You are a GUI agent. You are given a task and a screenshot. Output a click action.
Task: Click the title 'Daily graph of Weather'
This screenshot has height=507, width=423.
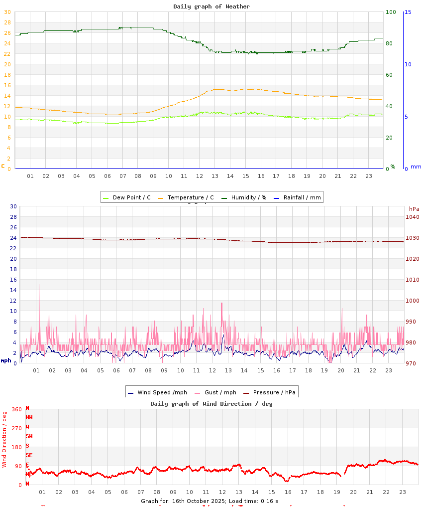coord(211,6)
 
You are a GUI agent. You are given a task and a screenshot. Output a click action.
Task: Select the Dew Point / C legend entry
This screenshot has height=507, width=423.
coord(127,197)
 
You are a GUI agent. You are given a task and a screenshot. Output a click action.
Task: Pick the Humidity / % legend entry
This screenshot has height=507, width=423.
coord(244,197)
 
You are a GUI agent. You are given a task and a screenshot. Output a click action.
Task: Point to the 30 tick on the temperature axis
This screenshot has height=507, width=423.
coord(7,12)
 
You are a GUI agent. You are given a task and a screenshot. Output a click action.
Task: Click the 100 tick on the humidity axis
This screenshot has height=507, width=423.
coord(391,12)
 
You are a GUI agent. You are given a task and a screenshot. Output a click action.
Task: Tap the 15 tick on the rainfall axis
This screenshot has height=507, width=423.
coord(408,12)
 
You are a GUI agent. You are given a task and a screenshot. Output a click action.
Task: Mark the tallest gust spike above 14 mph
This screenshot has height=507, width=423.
coord(39,285)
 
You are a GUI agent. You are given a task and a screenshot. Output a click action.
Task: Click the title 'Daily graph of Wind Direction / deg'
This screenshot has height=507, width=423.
coord(211,404)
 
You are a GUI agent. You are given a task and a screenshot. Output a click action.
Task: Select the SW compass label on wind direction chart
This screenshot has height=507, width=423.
coord(29,436)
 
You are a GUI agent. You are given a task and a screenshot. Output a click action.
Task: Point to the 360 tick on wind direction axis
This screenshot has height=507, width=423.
coord(16,409)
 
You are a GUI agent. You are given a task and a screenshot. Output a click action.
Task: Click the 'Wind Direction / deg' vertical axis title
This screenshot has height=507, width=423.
coord(4,439)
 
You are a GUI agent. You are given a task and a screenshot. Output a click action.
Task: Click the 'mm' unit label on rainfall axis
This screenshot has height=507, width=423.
coord(416,167)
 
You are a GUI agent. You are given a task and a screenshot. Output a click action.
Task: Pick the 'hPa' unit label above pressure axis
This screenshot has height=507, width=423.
coord(414,209)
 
